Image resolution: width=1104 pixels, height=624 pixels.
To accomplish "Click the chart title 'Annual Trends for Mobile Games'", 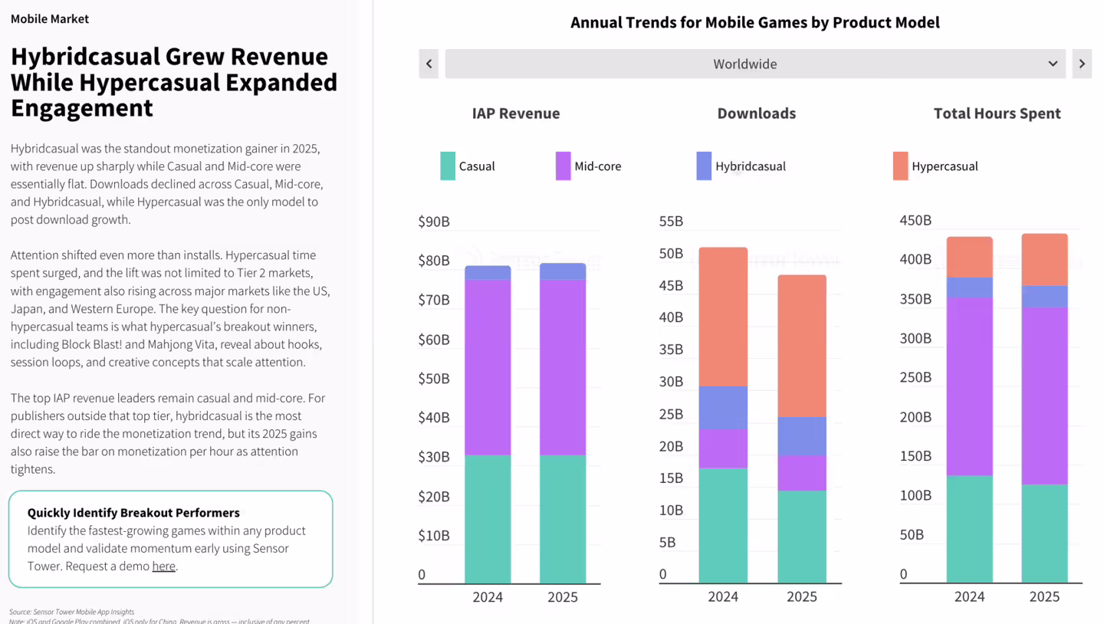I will tap(754, 22).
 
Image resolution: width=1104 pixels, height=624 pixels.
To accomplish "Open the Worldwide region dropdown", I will tap(754, 64).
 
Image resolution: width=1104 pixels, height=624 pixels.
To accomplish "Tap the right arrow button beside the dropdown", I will tap(1082, 64).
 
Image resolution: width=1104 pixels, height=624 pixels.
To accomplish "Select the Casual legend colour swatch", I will tap(448, 166).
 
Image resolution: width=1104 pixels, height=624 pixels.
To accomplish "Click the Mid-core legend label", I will tap(598, 166).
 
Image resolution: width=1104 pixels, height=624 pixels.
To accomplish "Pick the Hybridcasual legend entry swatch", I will tap(704, 166).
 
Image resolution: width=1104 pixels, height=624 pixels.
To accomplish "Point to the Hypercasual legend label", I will tap(945, 166).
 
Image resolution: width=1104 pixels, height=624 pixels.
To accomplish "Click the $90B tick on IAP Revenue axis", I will tap(434, 222).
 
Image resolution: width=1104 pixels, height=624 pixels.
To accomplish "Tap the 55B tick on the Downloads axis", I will tap(671, 222).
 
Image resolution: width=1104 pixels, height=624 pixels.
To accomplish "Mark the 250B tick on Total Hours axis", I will tap(915, 378).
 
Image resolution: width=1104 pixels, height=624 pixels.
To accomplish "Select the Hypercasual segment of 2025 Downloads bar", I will tap(802, 345).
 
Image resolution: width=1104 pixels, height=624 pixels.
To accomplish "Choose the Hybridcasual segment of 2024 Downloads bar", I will tap(723, 407).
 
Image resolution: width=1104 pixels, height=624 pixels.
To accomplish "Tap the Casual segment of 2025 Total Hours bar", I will tap(1044, 533).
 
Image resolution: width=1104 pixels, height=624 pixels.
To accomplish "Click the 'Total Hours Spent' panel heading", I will tap(997, 113).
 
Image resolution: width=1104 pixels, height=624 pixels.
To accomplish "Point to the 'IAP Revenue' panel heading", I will tap(516, 113).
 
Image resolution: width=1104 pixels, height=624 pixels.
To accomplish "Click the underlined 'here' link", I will tap(163, 567).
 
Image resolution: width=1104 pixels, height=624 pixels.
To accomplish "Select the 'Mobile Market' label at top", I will tap(50, 18).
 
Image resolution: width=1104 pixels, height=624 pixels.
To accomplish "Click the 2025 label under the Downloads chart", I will tap(802, 597).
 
